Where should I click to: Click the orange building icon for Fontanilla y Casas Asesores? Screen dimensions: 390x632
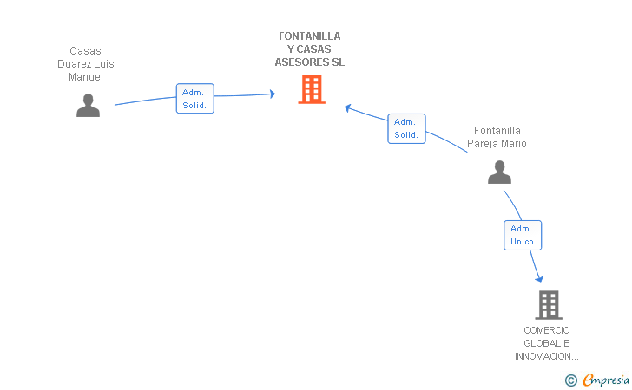pos(312,89)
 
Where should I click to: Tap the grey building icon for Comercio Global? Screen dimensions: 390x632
pos(548,305)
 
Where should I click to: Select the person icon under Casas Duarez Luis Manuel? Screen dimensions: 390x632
pos(88,106)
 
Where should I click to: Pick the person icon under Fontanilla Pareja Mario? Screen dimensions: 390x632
pos(499,172)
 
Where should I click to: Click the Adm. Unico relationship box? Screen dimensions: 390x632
pos(523,235)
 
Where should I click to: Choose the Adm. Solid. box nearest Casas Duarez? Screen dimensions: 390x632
pos(194,99)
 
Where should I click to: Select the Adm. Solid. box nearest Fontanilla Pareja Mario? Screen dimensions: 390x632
pos(406,128)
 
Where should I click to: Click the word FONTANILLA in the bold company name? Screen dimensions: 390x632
pos(310,36)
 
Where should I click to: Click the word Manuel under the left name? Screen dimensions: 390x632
pos(86,77)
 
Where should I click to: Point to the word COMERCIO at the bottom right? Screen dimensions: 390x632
pos(547,330)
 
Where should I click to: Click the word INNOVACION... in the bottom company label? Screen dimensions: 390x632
pos(547,356)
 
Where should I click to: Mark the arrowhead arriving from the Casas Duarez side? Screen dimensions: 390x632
pos(271,94)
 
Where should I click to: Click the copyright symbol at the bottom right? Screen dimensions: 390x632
pos(570,380)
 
